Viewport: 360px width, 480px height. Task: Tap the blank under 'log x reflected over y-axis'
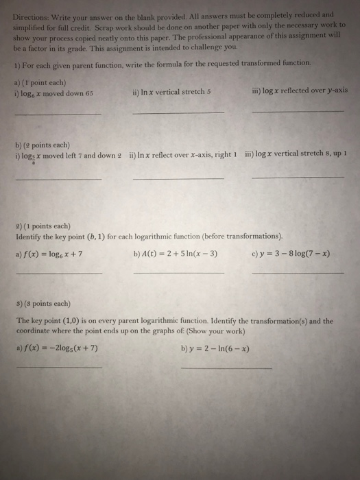(x=298, y=111)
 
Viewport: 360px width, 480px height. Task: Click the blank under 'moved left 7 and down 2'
(x=58, y=179)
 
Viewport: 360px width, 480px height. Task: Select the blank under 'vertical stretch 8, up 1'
(x=298, y=178)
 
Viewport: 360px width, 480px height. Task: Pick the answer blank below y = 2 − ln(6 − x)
(x=226, y=368)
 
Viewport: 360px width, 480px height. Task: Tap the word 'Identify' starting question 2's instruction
(x=30, y=235)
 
